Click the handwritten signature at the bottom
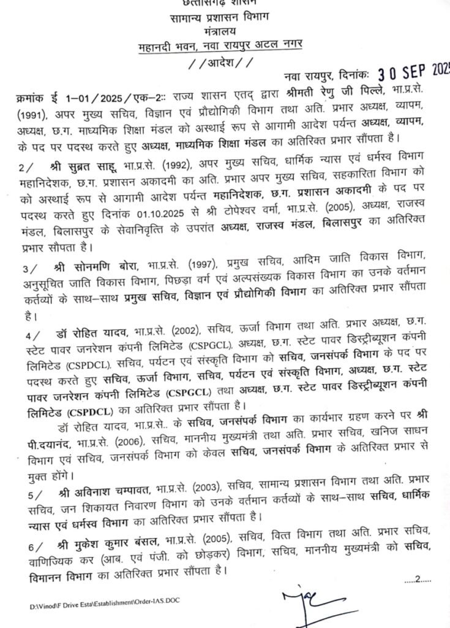click(305, 602)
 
